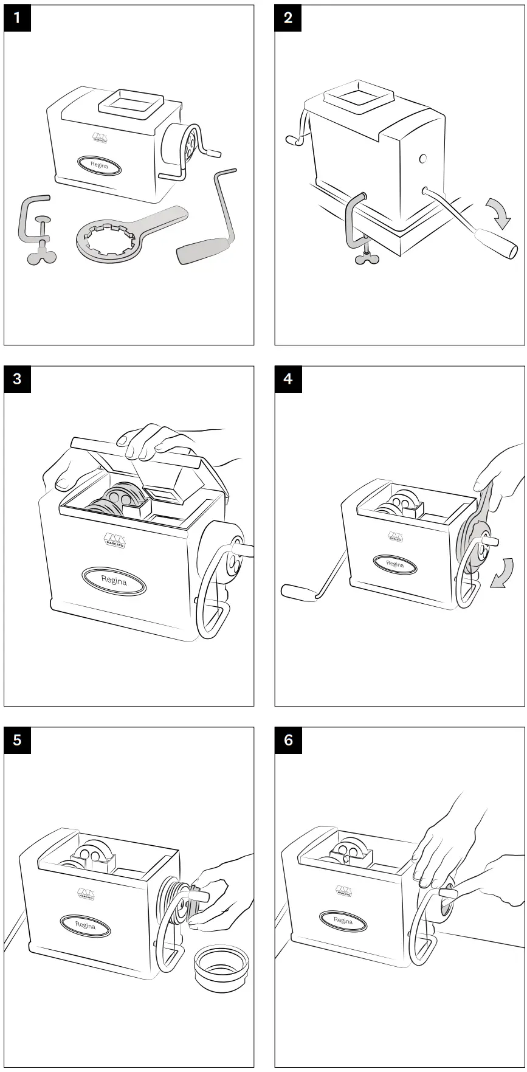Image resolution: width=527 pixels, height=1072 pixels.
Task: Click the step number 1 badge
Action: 17,18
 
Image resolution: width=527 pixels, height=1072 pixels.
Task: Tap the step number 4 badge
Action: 288,379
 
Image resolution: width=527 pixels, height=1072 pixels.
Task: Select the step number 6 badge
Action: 288,740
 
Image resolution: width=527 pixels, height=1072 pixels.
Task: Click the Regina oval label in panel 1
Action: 99,165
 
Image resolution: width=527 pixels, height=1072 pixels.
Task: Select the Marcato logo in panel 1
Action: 100,139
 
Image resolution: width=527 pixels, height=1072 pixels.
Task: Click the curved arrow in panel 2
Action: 500,213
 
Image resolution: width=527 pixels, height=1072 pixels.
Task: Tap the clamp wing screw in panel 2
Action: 367,258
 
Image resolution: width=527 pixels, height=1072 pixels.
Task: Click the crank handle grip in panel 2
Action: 495,242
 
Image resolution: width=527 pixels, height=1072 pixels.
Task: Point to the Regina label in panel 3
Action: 114,581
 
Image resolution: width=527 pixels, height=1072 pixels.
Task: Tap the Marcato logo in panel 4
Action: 395,536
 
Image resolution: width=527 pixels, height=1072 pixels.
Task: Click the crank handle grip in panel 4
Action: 298,592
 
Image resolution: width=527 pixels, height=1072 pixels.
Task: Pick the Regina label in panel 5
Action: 85,925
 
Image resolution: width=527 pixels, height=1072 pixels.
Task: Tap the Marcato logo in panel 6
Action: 343,890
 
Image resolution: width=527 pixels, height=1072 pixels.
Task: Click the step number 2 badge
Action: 288,18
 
